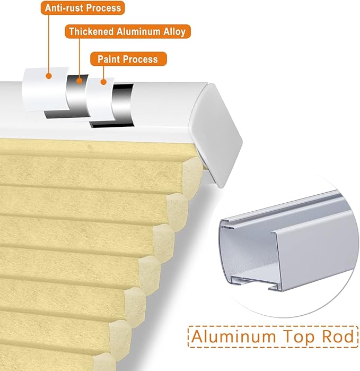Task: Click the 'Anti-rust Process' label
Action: click(83, 8)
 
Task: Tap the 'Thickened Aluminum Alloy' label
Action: click(128, 31)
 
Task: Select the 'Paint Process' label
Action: click(128, 59)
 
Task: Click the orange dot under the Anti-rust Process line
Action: click(49, 76)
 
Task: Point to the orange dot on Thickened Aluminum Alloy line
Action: click(80, 81)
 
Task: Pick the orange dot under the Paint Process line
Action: click(103, 82)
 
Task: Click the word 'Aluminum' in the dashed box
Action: click(233, 337)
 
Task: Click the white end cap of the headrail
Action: click(216, 135)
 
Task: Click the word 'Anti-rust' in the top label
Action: click(64, 8)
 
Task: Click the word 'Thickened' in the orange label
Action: click(91, 31)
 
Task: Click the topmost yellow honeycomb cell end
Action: click(192, 176)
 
